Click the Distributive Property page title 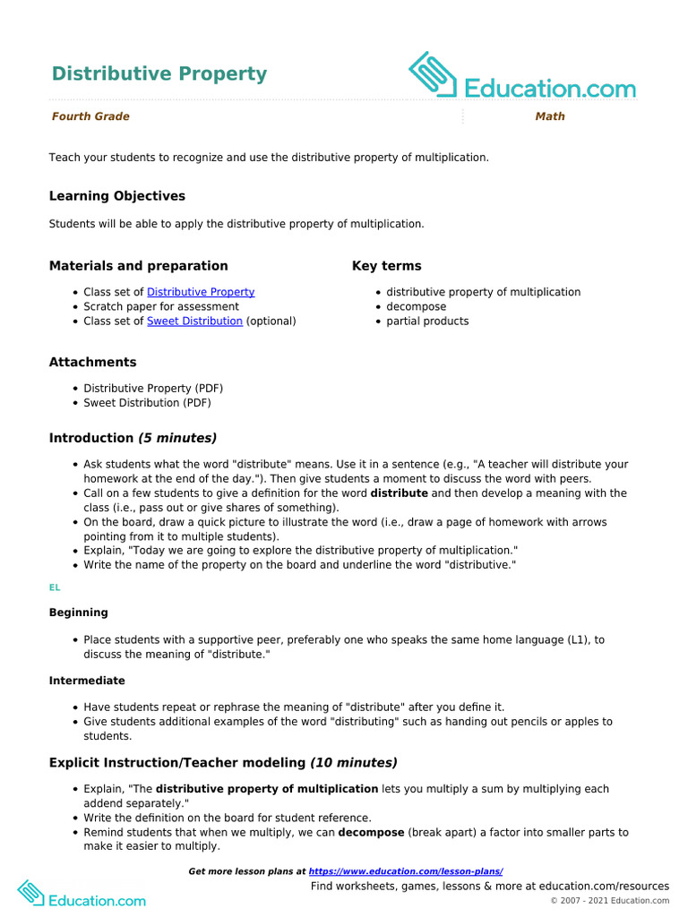point(159,73)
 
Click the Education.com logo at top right point(522,77)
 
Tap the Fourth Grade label point(90,116)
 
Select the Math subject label point(549,116)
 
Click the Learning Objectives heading point(116,196)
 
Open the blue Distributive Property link point(201,292)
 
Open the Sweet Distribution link point(194,321)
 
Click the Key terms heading point(386,266)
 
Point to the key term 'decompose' point(416,306)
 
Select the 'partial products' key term point(427,321)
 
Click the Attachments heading point(92,363)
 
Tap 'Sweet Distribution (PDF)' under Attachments point(147,403)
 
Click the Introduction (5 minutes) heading point(133,438)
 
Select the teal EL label point(55,587)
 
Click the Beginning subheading point(78,613)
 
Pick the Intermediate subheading point(87,681)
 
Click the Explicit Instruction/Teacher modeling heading point(223,763)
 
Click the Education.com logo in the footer point(82,894)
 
